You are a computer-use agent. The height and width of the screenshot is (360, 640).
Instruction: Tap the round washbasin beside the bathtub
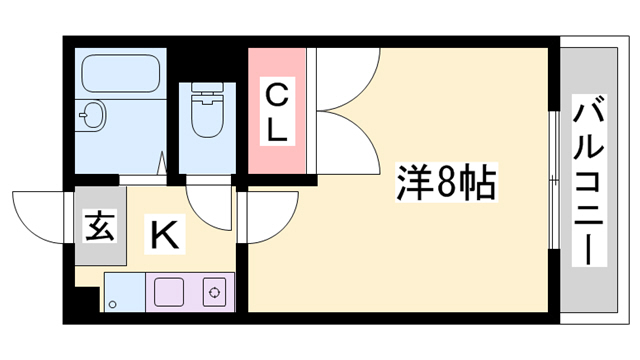click(91, 115)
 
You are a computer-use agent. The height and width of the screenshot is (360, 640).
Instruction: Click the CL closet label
click(277, 111)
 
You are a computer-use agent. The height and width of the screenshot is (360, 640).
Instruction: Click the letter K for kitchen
click(165, 236)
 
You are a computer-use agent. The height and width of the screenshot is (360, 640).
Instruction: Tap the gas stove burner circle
click(214, 293)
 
